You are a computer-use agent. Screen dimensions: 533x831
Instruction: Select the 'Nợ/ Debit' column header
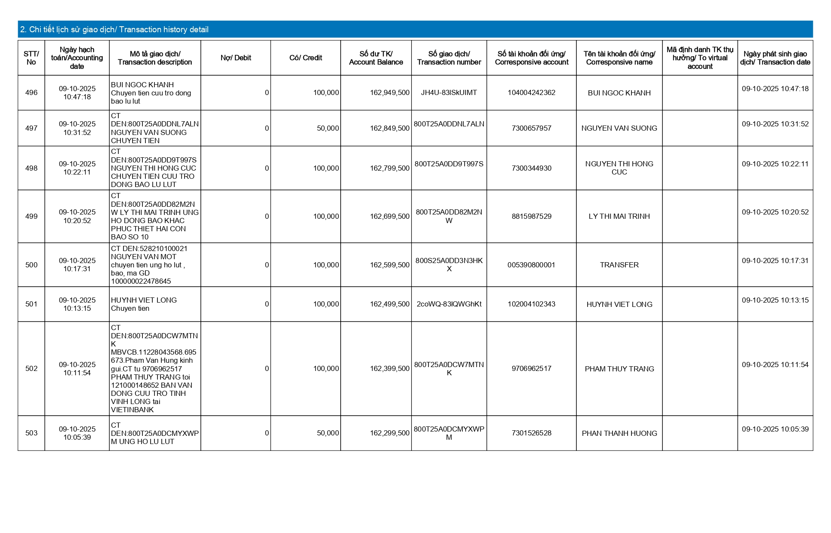[236, 58]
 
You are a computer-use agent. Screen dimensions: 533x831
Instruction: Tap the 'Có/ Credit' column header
[305, 58]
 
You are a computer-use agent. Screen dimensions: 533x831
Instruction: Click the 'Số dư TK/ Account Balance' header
[376, 58]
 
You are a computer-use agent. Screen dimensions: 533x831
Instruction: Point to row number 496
[31, 93]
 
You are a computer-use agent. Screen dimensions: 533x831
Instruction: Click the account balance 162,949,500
[390, 93]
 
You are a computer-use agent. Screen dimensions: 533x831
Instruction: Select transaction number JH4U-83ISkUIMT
[449, 93]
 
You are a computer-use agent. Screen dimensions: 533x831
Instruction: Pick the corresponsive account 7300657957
[531, 129]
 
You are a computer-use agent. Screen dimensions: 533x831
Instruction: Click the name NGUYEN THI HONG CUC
[619, 168]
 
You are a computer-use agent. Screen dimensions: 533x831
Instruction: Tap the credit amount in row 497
[328, 129]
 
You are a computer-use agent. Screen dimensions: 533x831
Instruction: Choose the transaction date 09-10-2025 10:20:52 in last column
[775, 212]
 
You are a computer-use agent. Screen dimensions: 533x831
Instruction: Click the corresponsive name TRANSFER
[619, 265]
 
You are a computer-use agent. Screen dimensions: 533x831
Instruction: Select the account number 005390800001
[531, 265]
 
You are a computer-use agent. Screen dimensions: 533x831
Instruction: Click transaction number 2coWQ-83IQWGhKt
[449, 304]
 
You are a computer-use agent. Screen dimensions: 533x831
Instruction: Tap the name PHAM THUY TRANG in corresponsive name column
[619, 369]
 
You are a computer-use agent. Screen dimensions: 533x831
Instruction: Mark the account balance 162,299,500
[390, 433]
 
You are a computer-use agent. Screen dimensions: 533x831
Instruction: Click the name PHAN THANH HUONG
[619, 433]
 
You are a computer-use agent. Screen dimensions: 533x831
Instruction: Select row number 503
[31, 433]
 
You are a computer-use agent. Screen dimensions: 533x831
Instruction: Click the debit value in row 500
[267, 265]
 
